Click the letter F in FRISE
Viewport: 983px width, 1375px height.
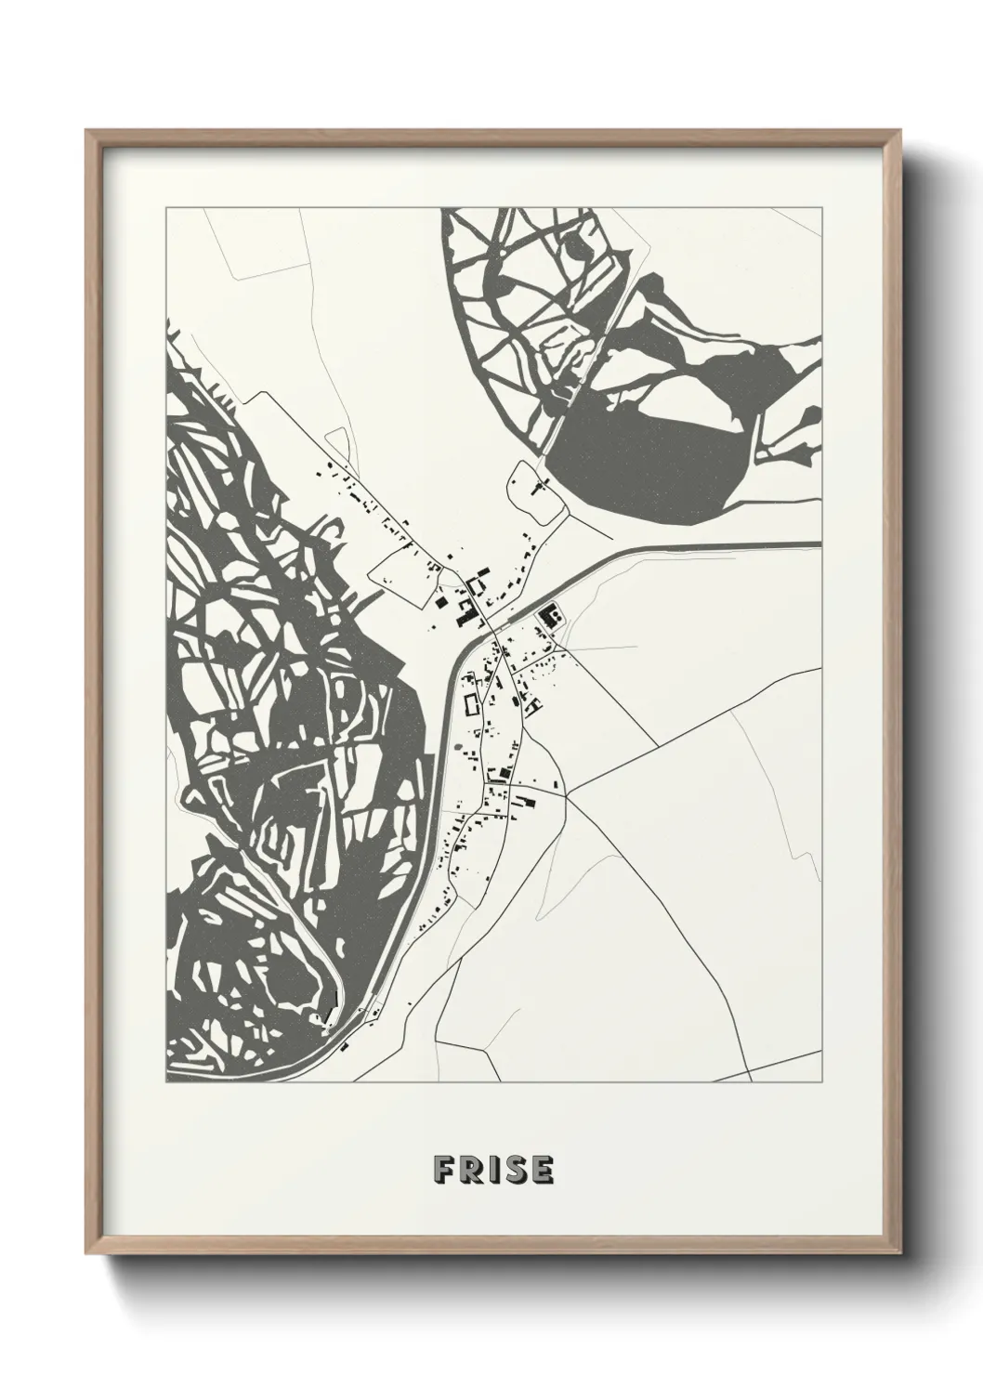443,1171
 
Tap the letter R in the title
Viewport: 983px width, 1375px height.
471,1171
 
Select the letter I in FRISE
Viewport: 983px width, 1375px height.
492,1171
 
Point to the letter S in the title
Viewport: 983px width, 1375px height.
514,1171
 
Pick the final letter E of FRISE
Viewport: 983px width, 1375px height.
541,1171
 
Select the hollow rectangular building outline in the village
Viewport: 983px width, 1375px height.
469,703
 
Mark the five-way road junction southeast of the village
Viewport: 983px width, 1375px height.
568,795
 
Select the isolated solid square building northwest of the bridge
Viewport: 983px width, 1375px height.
439,601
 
